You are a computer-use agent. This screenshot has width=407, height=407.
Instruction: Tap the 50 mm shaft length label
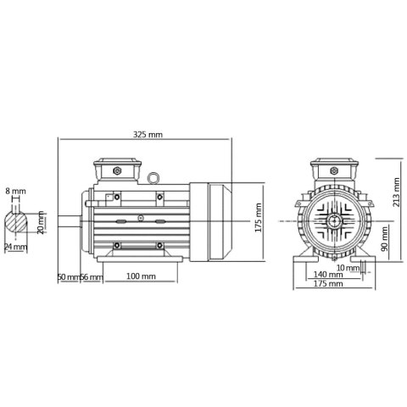pyautogui.click(x=67, y=276)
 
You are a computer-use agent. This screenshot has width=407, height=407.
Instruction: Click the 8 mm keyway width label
pyautogui.click(x=16, y=191)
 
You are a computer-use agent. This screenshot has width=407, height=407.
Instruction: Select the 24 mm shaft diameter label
pyautogui.click(x=16, y=247)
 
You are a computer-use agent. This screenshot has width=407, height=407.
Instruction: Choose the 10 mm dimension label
pyautogui.click(x=348, y=267)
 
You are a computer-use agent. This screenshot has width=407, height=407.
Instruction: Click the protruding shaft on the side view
pyautogui.click(x=70, y=222)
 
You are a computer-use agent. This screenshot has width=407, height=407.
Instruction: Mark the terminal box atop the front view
pyautogui.click(x=330, y=170)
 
